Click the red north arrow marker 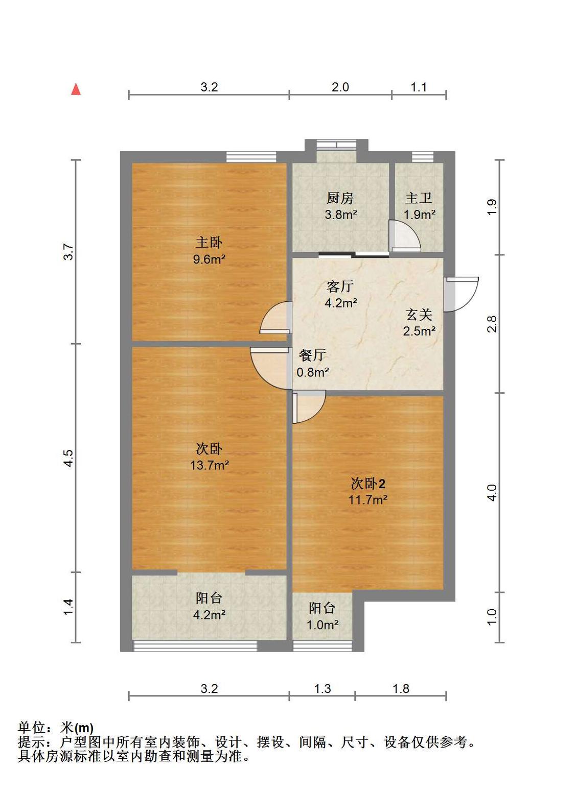pos(76,89)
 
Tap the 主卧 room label pos(209,243)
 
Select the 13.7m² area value pos(210,465)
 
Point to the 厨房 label pos(339,199)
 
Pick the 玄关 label pos(419,315)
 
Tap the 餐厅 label pos(312,355)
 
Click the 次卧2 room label pos(368,484)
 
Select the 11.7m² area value pos(368,499)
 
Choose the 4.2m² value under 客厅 pos(341,303)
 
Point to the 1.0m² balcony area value pos(323,625)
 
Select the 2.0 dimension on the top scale pos(340,87)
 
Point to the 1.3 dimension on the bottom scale pos(323,688)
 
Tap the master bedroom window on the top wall pos(251,157)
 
